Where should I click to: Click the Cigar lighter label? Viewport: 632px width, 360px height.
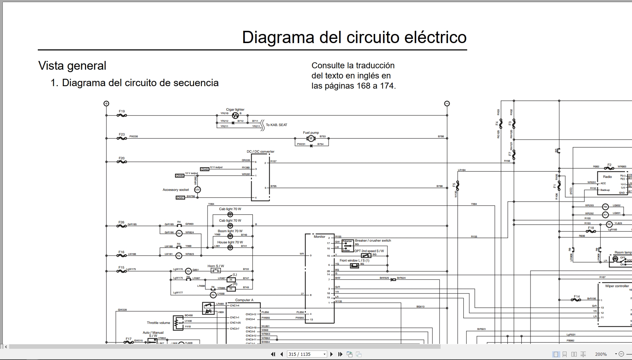[x=235, y=110]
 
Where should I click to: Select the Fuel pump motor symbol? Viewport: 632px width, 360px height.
[x=311, y=139]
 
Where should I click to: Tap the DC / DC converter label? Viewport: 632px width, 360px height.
[x=260, y=152]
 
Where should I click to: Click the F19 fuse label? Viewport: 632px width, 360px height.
[x=121, y=111]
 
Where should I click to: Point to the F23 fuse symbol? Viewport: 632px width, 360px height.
[x=121, y=139]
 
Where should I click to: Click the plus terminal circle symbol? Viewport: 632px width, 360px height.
[x=106, y=103]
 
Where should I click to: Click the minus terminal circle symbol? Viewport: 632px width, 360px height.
[x=447, y=103]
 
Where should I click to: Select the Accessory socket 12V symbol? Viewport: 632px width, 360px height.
[x=197, y=190]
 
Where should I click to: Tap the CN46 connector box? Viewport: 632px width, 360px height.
[x=180, y=175]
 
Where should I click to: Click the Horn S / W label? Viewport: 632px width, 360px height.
[x=216, y=266]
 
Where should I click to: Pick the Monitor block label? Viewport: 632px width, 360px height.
[x=319, y=237]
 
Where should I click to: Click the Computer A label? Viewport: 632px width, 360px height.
[x=244, y=300]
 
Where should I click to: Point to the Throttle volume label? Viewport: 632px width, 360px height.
[x=158, y=323]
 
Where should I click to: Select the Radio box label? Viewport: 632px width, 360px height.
[x=607, y=177]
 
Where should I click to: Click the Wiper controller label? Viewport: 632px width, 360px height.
[x=617, y=286]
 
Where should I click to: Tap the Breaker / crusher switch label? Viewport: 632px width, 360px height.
[x=373, y=241]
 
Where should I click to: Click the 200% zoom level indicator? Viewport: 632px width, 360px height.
[x=601, y=354]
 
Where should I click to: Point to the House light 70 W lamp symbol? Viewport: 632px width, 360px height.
[x=230, y=248]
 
